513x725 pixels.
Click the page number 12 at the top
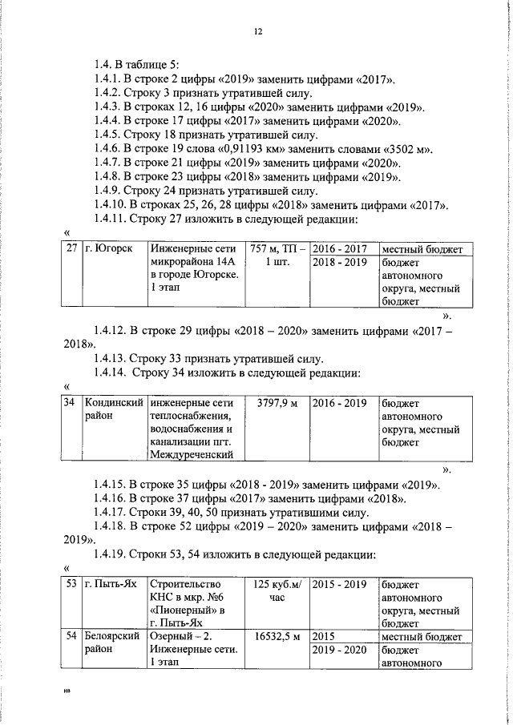[256, 31]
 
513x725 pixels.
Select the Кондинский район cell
[112, 409]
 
